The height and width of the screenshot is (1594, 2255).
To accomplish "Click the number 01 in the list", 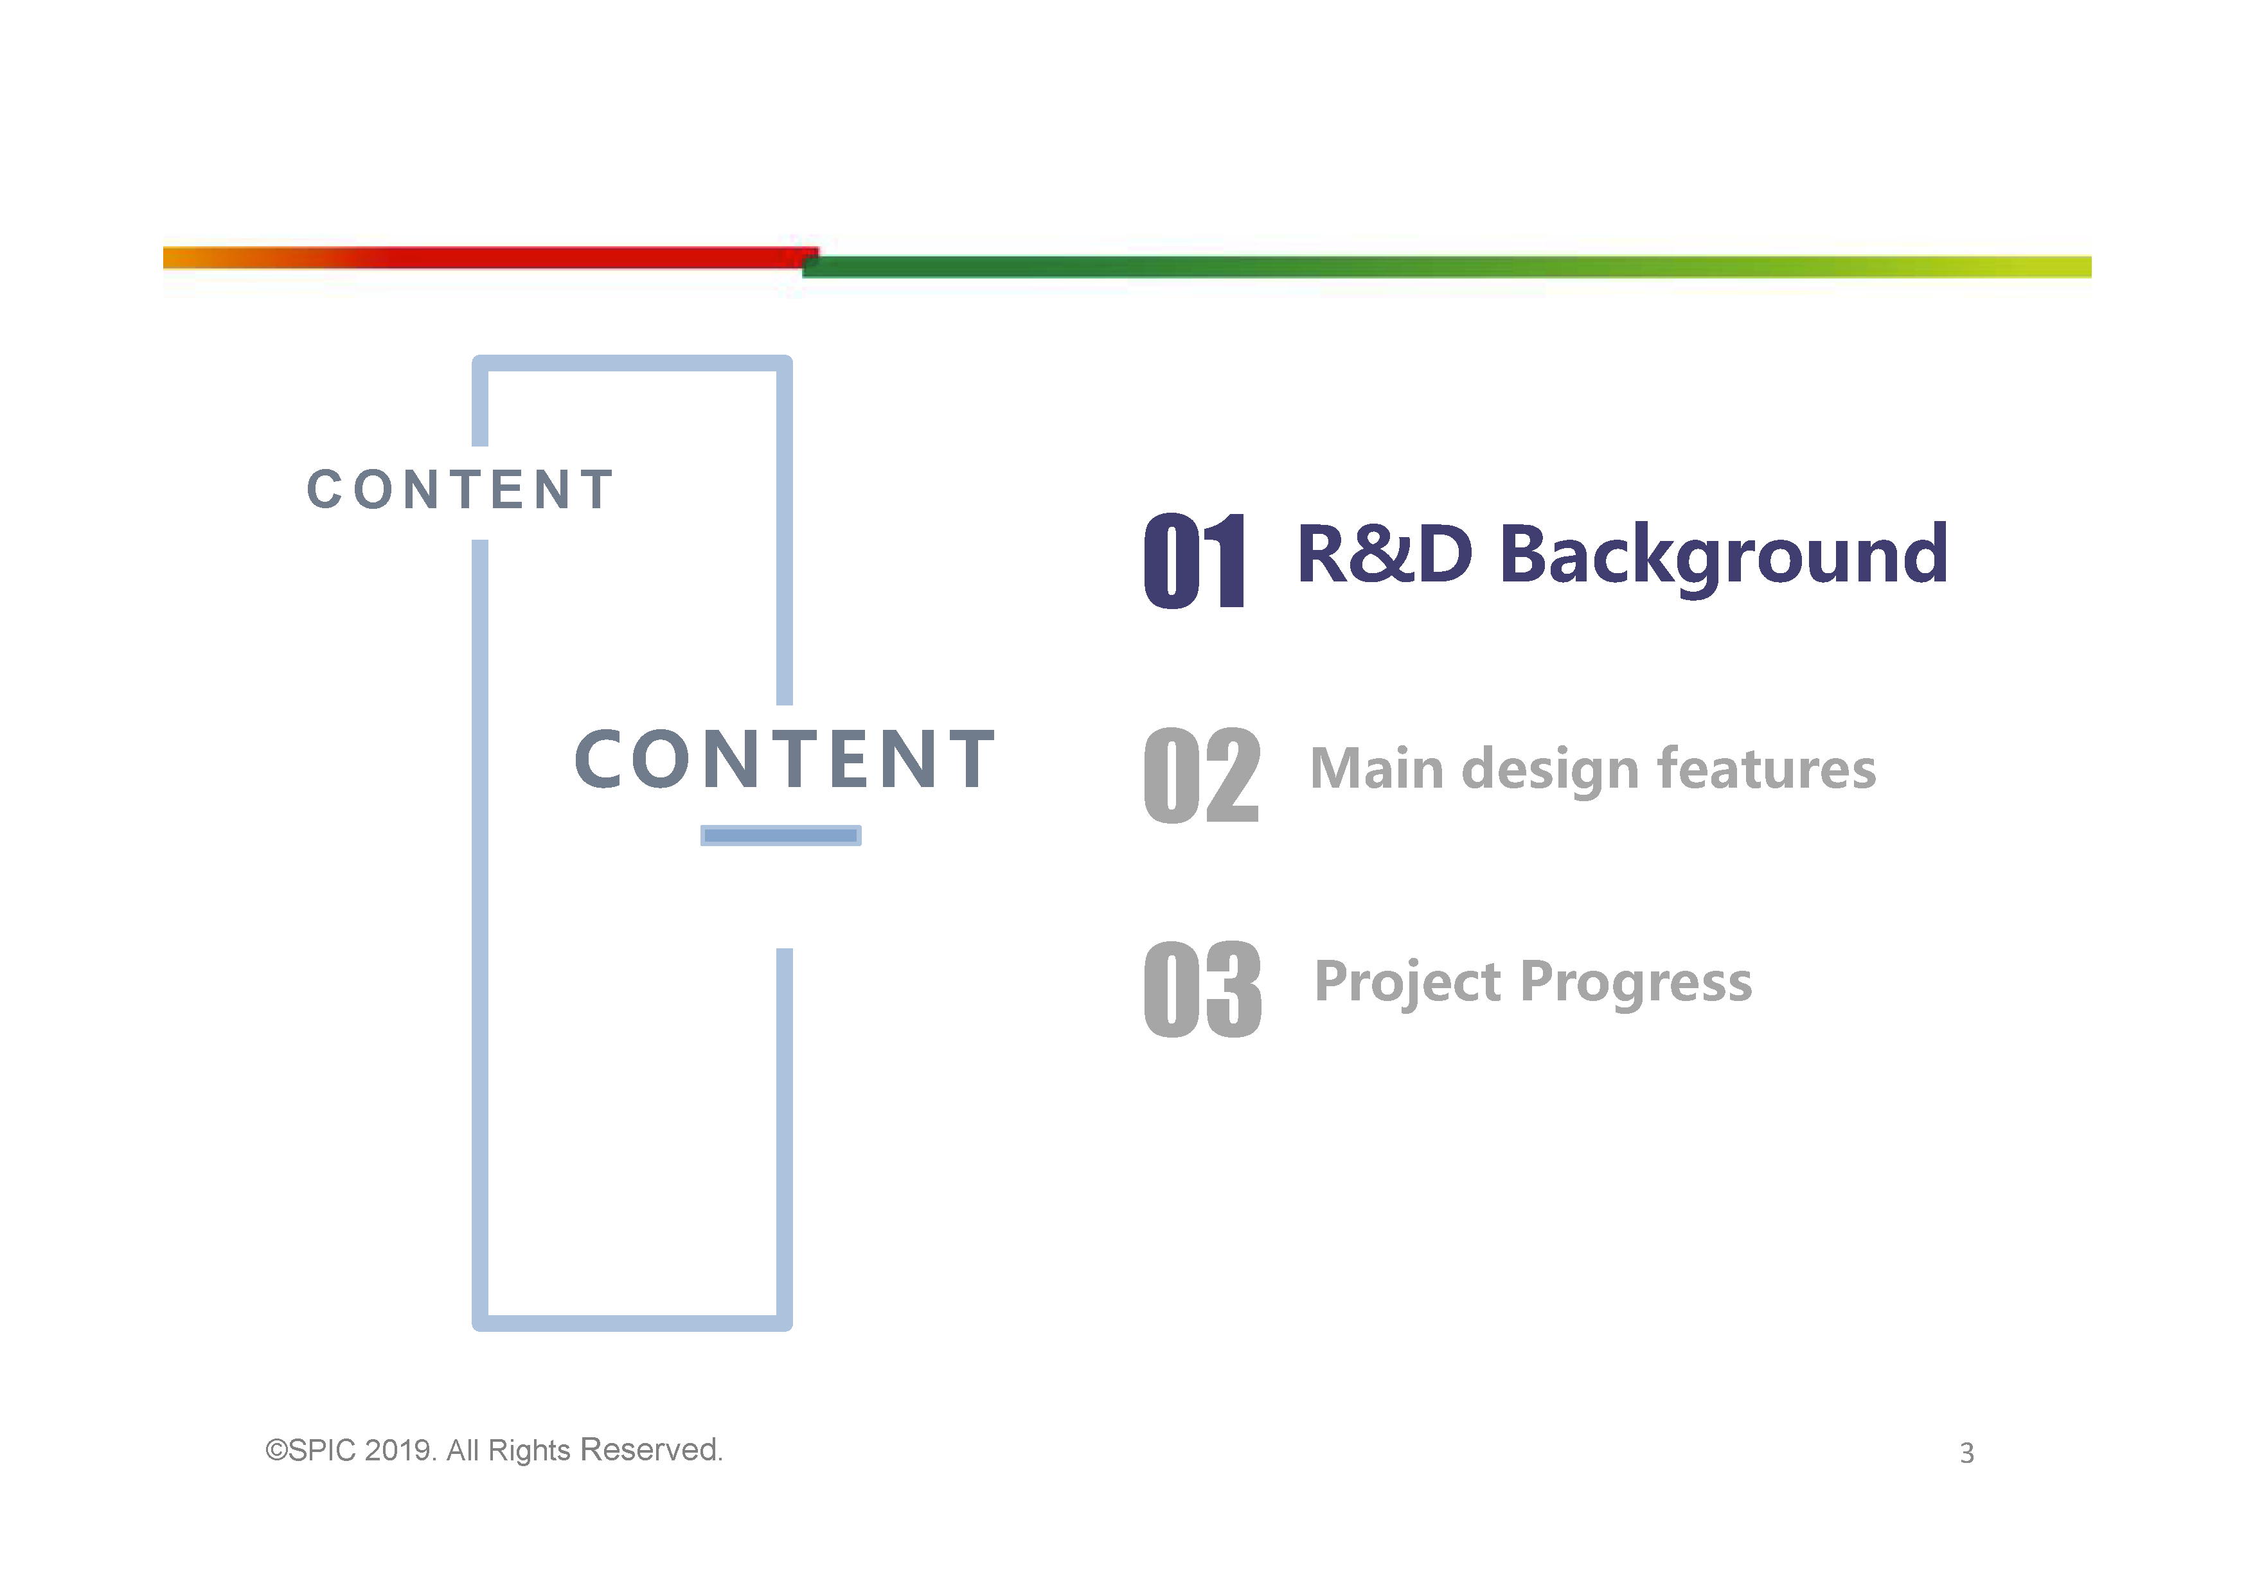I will (1194, 561).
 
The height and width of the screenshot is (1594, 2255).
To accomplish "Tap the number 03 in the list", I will (1202, 989).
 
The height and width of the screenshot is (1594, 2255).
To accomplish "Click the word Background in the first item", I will (1723, 556).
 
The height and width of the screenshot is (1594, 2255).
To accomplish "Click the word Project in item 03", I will (1407, 983).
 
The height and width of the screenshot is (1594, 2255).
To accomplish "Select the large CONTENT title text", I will (785, 759).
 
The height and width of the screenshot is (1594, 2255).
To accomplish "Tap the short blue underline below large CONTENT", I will (781, 836).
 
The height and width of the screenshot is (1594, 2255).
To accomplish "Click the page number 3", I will (1966, 1453).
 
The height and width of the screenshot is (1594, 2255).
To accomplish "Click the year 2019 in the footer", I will (398, 1451).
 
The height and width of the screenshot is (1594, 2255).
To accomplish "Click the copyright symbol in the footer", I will (276, 1451).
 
